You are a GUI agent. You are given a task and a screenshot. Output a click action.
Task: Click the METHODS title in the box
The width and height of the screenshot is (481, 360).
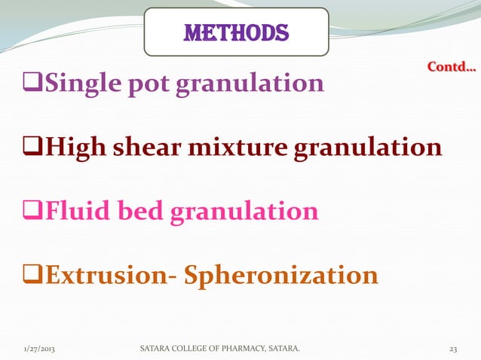pyautogui.click(x=236, y=32)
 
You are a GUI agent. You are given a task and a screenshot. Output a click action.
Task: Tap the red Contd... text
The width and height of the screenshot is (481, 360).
pyautogui.click(x=451, y=68)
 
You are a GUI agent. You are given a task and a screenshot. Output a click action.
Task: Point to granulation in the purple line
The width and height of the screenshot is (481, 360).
pyautogui.click(x=250, y=84)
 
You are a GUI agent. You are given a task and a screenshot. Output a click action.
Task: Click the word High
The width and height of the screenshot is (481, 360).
pyautogui.click(x=75, y=148)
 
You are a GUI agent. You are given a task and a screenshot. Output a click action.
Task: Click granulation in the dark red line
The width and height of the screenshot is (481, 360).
pyautogui.click(x=367, y=148)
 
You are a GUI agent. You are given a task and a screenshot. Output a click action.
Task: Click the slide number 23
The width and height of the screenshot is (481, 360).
pyautogui.click(x=453, y=349)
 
